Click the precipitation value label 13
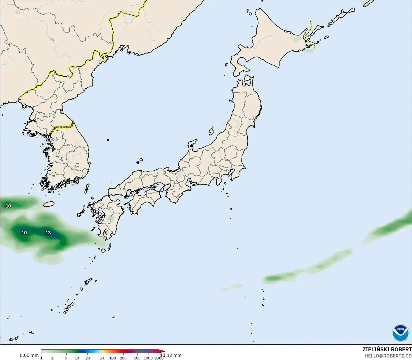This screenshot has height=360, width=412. [48, 233]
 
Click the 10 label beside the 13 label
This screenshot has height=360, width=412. [24, 233]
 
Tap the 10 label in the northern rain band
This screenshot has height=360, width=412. [8, 206]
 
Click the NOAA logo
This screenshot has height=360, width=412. [401, 333]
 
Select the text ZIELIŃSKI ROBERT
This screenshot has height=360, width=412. [387, 349]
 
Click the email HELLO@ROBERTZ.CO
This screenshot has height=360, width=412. [388, 356]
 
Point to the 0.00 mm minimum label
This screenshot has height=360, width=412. [29, 355]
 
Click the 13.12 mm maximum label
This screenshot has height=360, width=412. [171, 355]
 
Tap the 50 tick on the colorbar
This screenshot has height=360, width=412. [101, 358]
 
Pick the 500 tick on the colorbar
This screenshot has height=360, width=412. [137, 358]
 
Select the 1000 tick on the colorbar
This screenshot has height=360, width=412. [148, 358]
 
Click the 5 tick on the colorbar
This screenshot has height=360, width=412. [66, 358]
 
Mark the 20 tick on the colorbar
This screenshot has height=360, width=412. [88, 358]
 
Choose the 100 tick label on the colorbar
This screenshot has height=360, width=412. [113, 358]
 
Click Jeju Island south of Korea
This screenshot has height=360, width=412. [49, 204]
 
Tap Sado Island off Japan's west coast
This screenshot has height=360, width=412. [211, 131]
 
